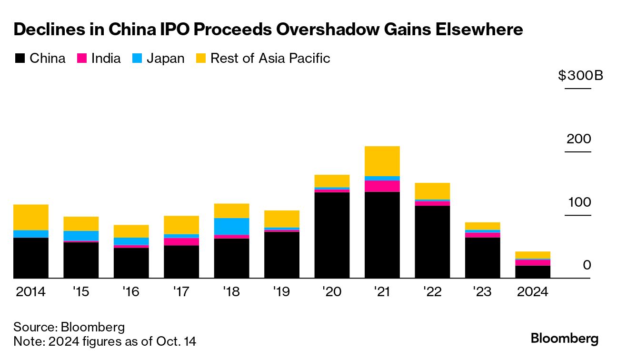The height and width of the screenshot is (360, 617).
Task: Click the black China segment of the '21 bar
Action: (382, 235)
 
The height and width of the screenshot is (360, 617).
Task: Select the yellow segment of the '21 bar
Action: (382, 161)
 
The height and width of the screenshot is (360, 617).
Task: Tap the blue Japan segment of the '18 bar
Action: (231, 226)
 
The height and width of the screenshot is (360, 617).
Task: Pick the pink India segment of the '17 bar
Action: (181, 241)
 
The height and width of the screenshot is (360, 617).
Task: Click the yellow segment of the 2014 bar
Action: (31, 217)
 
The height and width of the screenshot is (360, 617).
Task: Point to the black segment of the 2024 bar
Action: (533, 272)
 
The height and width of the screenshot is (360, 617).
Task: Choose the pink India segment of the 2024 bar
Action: (533, 263)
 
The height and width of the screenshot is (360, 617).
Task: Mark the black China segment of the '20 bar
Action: (332, 235)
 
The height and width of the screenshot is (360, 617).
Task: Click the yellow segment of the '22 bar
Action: (432, 191)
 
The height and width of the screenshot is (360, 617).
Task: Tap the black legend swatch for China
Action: (20, 59)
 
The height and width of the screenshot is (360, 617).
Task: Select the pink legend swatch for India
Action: (81, 59)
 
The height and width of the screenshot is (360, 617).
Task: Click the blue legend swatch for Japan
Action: (137, 59)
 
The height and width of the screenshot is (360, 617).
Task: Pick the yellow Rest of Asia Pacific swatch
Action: (200, 59)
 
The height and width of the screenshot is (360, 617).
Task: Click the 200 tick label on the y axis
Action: (578, 139)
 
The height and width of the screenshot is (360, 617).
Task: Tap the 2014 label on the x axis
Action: (31, 291)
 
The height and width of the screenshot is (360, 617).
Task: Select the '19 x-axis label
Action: (282, 291)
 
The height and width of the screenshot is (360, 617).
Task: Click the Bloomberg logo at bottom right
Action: (565, 339)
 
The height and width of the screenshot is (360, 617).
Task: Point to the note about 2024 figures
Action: (105, 341)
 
